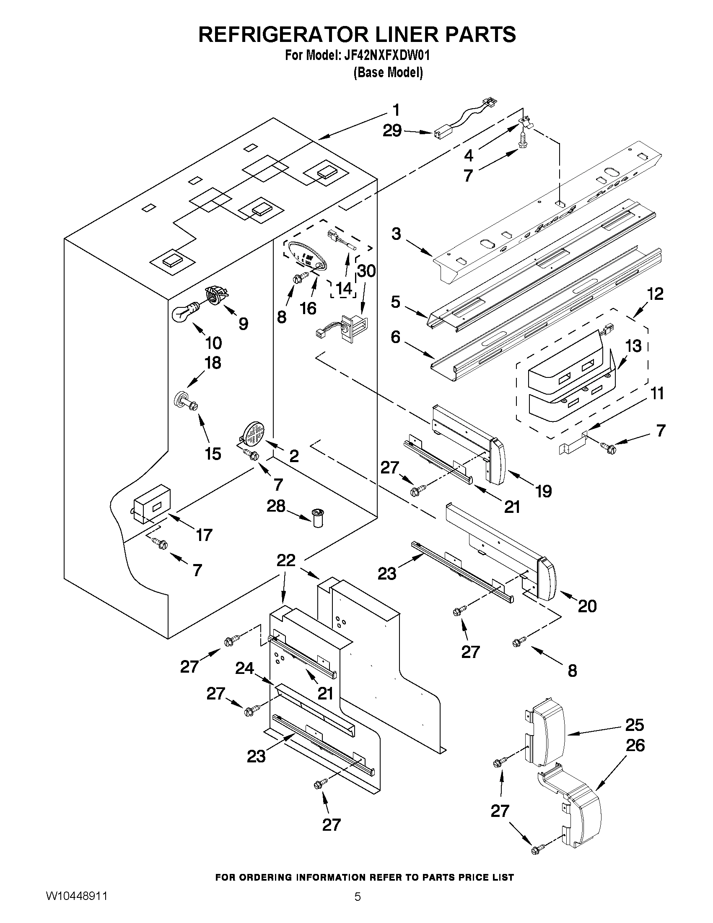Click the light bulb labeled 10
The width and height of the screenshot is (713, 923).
coord(185,312)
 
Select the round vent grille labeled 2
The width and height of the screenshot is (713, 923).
coord(254,433)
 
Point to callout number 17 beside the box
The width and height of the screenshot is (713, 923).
coord(204,535)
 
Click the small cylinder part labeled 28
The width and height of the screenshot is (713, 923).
coord(316,518)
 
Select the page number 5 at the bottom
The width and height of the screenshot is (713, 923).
coord(358,906)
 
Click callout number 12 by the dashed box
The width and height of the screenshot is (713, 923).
coord(655,294)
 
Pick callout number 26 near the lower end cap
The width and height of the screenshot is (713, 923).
coord(635,745)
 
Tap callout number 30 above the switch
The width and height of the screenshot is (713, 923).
coord(366,270)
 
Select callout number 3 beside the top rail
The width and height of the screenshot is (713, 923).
coord(396,233)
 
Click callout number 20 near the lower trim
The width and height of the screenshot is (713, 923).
coord(587,606)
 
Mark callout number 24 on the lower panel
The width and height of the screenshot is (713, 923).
coord(244,668)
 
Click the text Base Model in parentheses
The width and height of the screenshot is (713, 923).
coord(388,73)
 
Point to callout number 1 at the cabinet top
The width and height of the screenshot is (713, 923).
coord(396,110)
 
